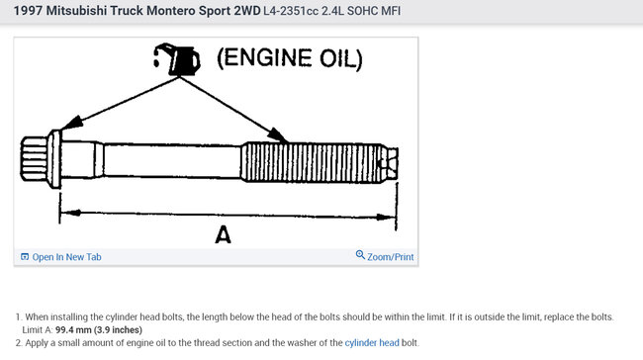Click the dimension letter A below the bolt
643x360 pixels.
[x=224, y=235]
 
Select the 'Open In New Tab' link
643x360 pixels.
[x=66, y=257]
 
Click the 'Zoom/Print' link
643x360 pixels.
[x=390, y=257]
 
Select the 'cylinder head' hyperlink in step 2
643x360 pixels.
[x=372, y=342]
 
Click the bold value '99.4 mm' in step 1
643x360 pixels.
[x=76, y=329]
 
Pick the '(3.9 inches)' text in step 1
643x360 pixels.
[x=120, y=329]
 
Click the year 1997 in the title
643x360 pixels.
[x=31, y=12]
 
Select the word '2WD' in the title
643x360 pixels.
[x=245, y=12]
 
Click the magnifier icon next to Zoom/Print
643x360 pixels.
[x=360, y=256]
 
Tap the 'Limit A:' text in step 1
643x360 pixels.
[x=38, y=329]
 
